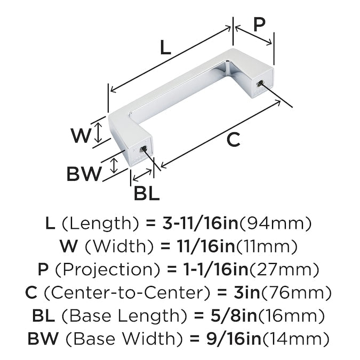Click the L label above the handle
165,47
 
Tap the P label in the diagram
259,24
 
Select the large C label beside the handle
233,140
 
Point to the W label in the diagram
81,135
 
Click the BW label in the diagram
84,174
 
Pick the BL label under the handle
147,193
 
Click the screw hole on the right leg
260,83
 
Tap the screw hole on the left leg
143,150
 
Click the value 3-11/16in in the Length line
201,223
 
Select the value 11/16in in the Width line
206,246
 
